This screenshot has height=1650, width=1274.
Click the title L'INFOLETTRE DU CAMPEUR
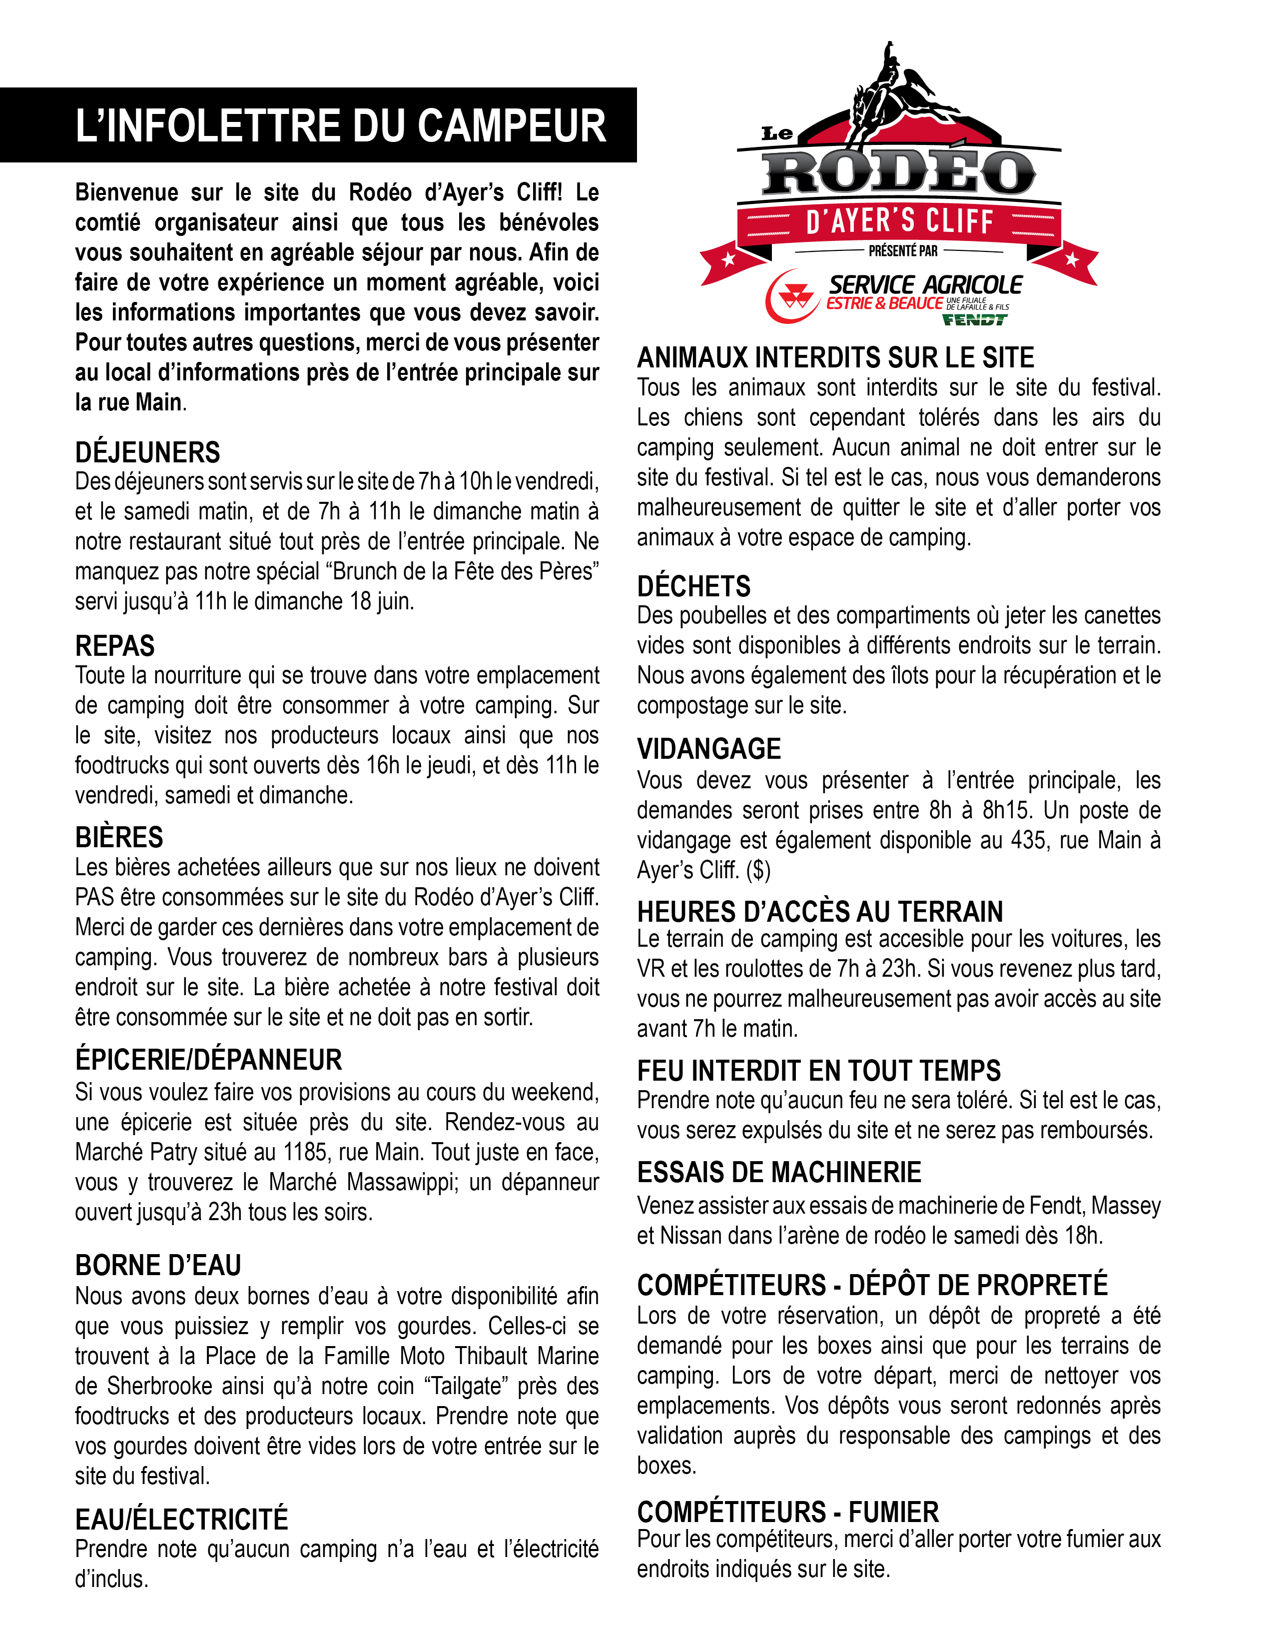click(x=341, y=125)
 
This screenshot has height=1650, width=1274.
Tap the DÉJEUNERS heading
click(x=147, y=452)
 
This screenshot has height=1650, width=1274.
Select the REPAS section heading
click(x=115, y=646)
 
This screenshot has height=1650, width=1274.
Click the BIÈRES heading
click(x=119, y=837)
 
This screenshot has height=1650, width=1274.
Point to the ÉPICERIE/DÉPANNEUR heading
click(x=208, y=1059)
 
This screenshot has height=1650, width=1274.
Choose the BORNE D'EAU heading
click(x=158, y=1265)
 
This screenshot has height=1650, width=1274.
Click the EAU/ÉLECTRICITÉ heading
click(x=181, y=1520)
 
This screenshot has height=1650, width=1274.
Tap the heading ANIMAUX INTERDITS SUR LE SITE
click(x=835, y=357)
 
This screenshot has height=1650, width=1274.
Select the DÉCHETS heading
click(x=693, y=586)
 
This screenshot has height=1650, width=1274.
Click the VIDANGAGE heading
click(x=708, y=749)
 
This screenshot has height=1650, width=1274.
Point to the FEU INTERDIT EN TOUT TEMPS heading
click(x=819, y=1071)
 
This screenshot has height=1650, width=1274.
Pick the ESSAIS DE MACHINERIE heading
click(x=778, y=1172)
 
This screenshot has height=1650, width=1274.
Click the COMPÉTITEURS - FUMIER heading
click(x=788, y=1512)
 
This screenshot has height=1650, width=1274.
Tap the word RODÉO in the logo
click(x=899, y=173)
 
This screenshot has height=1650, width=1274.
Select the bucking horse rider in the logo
click(x=891, y=90)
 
